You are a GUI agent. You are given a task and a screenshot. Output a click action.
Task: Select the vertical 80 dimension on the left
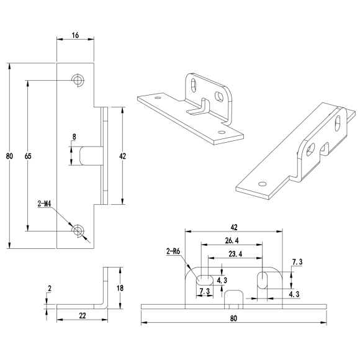click(x=7, y=156)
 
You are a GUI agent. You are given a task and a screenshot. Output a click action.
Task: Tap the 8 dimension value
click(x=74, y=137)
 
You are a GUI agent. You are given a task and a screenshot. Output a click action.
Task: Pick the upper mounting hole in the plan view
click(x=78, y=80)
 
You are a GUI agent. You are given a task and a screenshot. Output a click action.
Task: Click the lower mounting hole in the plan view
click(x=78, y=231)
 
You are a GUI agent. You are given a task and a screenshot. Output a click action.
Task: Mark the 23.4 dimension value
click(x=235, y=254)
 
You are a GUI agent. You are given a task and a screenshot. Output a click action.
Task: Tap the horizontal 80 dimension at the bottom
click(x=233, y=318)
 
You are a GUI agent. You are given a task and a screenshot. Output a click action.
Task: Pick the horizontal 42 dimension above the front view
click(x=233, y=228)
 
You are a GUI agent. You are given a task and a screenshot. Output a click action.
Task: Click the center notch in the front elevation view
click(x=233, y=297)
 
